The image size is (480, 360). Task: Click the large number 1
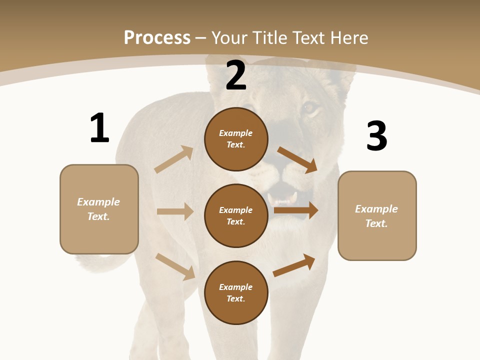[99, 128]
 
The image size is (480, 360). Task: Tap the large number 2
[236, 75]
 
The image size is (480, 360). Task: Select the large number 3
[377, 136]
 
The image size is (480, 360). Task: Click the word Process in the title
[157, 37]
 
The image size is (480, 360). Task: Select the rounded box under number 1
[99, 209]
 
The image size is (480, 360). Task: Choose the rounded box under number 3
[377, 215]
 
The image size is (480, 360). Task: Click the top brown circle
[236, 139]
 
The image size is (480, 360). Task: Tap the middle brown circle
[236, 215]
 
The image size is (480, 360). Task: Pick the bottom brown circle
[236, 292]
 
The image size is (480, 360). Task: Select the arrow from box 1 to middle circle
[175, 211]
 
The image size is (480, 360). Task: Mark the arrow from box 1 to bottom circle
[175, 266]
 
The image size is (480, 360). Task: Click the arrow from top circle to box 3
[297, 159]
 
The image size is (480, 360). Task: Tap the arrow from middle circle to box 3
[296, 210]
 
